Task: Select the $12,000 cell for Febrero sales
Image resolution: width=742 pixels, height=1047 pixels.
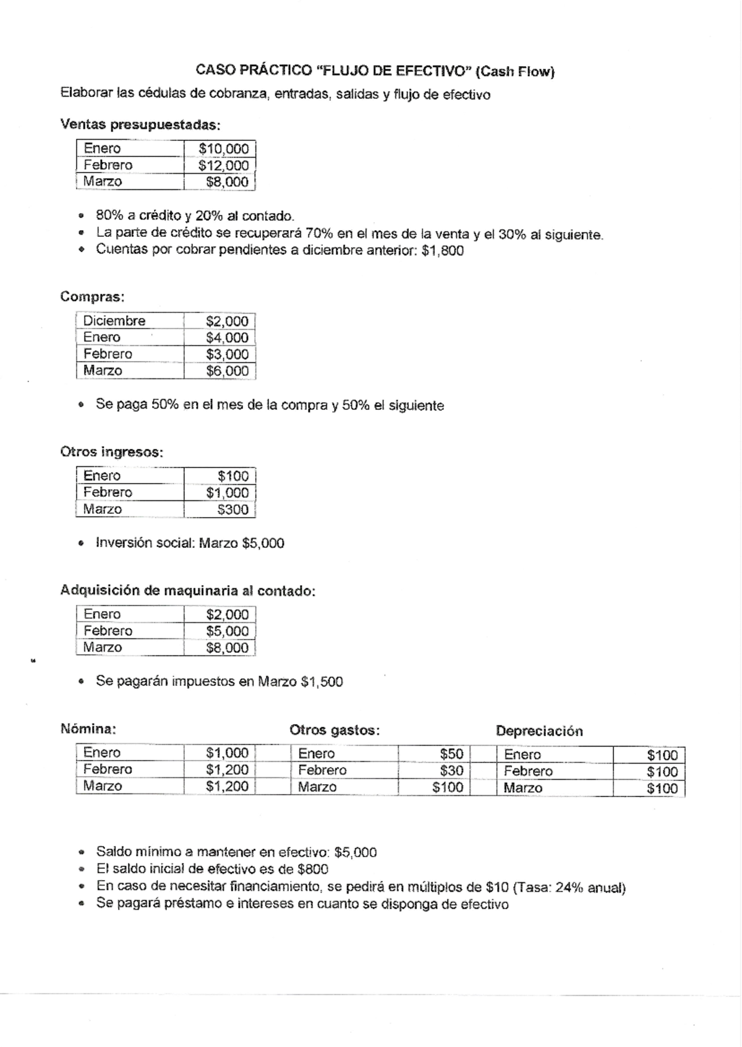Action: click(x=223, y=165)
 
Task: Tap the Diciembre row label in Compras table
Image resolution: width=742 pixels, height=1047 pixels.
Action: click(x=114, y=320)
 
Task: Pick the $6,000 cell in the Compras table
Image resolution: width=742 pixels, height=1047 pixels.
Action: click(x=227, y=371)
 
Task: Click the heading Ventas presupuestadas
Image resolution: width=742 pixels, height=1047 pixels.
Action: click(x=140, y=125)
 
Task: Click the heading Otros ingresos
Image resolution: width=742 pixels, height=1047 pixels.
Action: click(x=111, y=452)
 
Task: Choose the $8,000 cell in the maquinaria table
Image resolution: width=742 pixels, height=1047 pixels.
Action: click(x=227, y=647)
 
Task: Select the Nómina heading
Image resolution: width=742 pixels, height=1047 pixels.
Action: click(x=88, y=729)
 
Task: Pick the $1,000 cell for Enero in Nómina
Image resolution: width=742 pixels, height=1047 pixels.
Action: click(x=227, y=753)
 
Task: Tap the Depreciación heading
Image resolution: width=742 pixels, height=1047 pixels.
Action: click(x=539, y=731)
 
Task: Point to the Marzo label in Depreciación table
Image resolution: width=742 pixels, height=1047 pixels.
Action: click(x=522, y=788)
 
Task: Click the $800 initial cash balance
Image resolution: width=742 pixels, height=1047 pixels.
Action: click(x=312, y=869)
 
